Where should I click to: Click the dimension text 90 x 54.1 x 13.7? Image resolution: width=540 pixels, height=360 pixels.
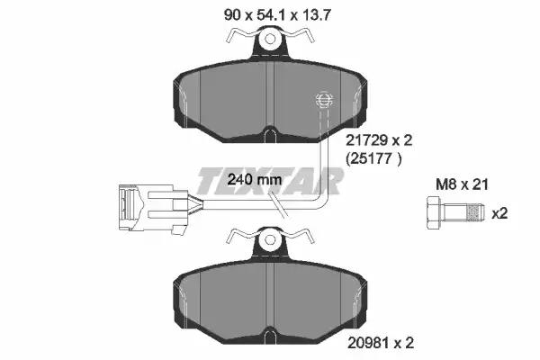point(277,15)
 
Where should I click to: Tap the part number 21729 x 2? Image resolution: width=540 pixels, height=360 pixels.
point(379,140)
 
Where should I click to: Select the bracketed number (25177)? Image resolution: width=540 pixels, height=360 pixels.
point(373,158)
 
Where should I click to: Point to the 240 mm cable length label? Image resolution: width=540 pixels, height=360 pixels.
point(255,179)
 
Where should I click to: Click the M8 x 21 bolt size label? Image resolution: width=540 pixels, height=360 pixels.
point(463,184)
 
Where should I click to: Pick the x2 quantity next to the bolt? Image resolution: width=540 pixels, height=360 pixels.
point(499,213)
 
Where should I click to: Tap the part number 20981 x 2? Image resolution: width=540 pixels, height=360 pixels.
point(381,343)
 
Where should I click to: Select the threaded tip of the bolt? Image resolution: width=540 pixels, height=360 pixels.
point(474,213)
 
